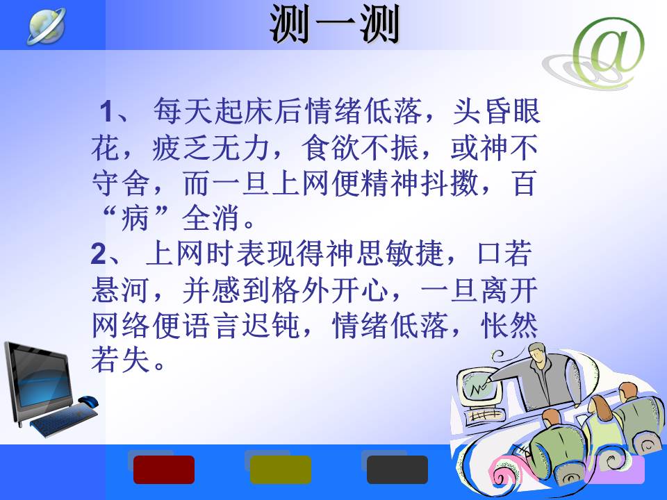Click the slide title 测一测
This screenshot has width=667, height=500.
coord(334,24)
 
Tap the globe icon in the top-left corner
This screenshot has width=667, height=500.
coord(47,26)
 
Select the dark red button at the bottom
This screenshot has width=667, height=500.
coord(164,469)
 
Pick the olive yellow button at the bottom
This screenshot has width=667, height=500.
coord(280,469)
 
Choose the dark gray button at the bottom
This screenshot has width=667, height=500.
coord(397,469)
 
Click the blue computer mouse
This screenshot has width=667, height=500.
coord(88,401)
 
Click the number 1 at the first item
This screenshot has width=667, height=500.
coord(106,111)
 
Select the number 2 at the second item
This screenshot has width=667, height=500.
coord(98,254)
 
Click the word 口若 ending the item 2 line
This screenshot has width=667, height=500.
coord(504,253)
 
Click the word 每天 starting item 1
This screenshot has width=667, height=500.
coord(183,111)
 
